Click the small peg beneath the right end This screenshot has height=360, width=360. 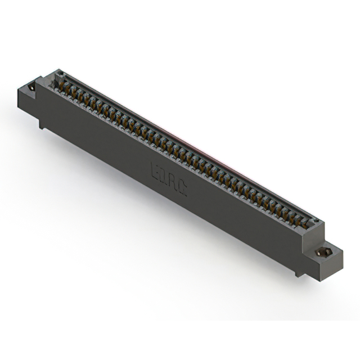coord(297,273)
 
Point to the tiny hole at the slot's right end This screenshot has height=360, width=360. coord(316,221)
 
